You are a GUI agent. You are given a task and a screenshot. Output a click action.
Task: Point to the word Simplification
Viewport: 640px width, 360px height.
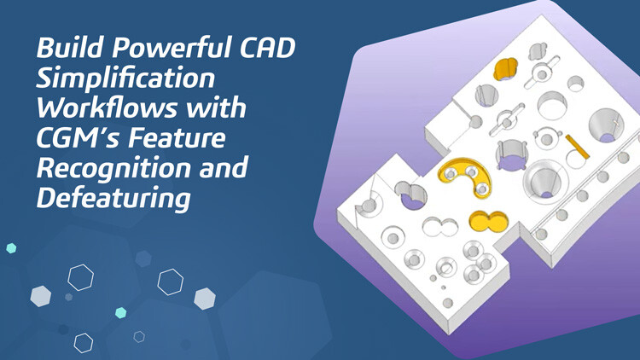coord(125,79)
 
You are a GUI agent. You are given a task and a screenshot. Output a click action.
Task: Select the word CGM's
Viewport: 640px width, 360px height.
coord(79,138)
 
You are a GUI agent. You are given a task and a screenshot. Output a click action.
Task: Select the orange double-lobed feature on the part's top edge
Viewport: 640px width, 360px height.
coord(507,68)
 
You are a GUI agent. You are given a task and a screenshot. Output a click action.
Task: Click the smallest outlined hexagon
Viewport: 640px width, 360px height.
coord(139,337)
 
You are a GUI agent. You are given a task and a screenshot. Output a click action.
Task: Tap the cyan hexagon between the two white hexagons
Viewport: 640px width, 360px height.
coord(121,313)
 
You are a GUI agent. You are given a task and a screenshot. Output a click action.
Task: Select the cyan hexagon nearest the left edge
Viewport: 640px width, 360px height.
coord(11,248)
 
